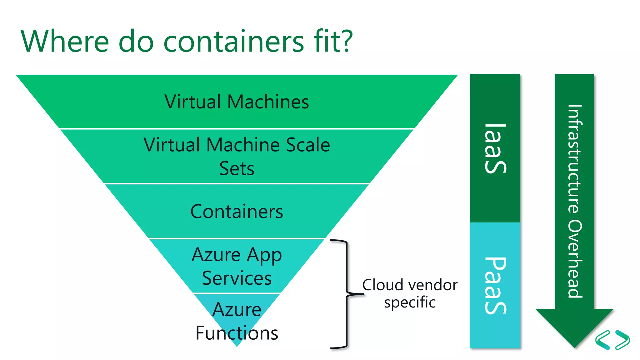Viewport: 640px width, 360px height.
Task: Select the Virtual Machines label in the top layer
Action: coord(237,102)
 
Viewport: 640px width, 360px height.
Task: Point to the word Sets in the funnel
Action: coord(237,169)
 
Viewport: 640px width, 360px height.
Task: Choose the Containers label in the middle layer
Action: coord(237,212)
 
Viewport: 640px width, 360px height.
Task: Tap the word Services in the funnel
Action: coord(237,278)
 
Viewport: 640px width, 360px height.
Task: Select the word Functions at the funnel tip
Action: coord(237,333)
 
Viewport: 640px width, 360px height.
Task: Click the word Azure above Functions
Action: coord(237,310)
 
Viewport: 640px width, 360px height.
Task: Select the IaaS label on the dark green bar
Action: coord(495,148)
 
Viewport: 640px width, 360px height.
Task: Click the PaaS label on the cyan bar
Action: coord(495,285)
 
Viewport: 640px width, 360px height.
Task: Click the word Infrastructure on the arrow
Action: coord(575,159)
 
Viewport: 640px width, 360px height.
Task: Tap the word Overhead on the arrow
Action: coord(575,259)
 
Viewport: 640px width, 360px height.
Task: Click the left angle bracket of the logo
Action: coord(603,340)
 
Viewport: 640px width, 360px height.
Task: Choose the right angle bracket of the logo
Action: coord(622,340)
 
